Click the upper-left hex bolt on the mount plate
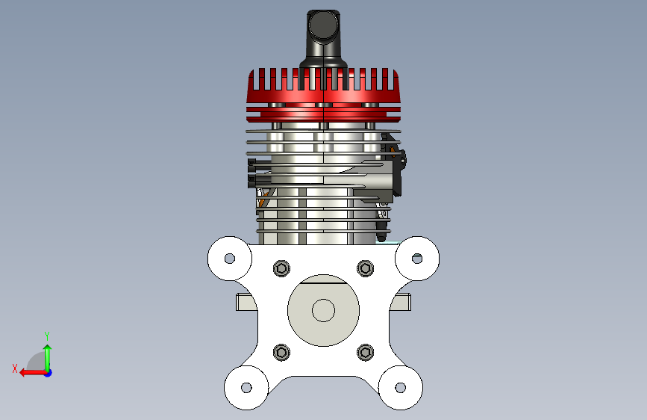click(x=281, y=269)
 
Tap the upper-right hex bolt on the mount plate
click(x=365, y=269)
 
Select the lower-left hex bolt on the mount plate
click(x=281, y=352)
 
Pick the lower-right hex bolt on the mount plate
click(x=365, y=352)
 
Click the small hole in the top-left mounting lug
click(x=230, y=259)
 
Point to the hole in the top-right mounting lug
click(x=417, y=259)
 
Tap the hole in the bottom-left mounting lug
click(x=246, y=388)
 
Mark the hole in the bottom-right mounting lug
click(x=401, y=388)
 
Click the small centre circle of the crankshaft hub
click(x=324, y=310)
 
